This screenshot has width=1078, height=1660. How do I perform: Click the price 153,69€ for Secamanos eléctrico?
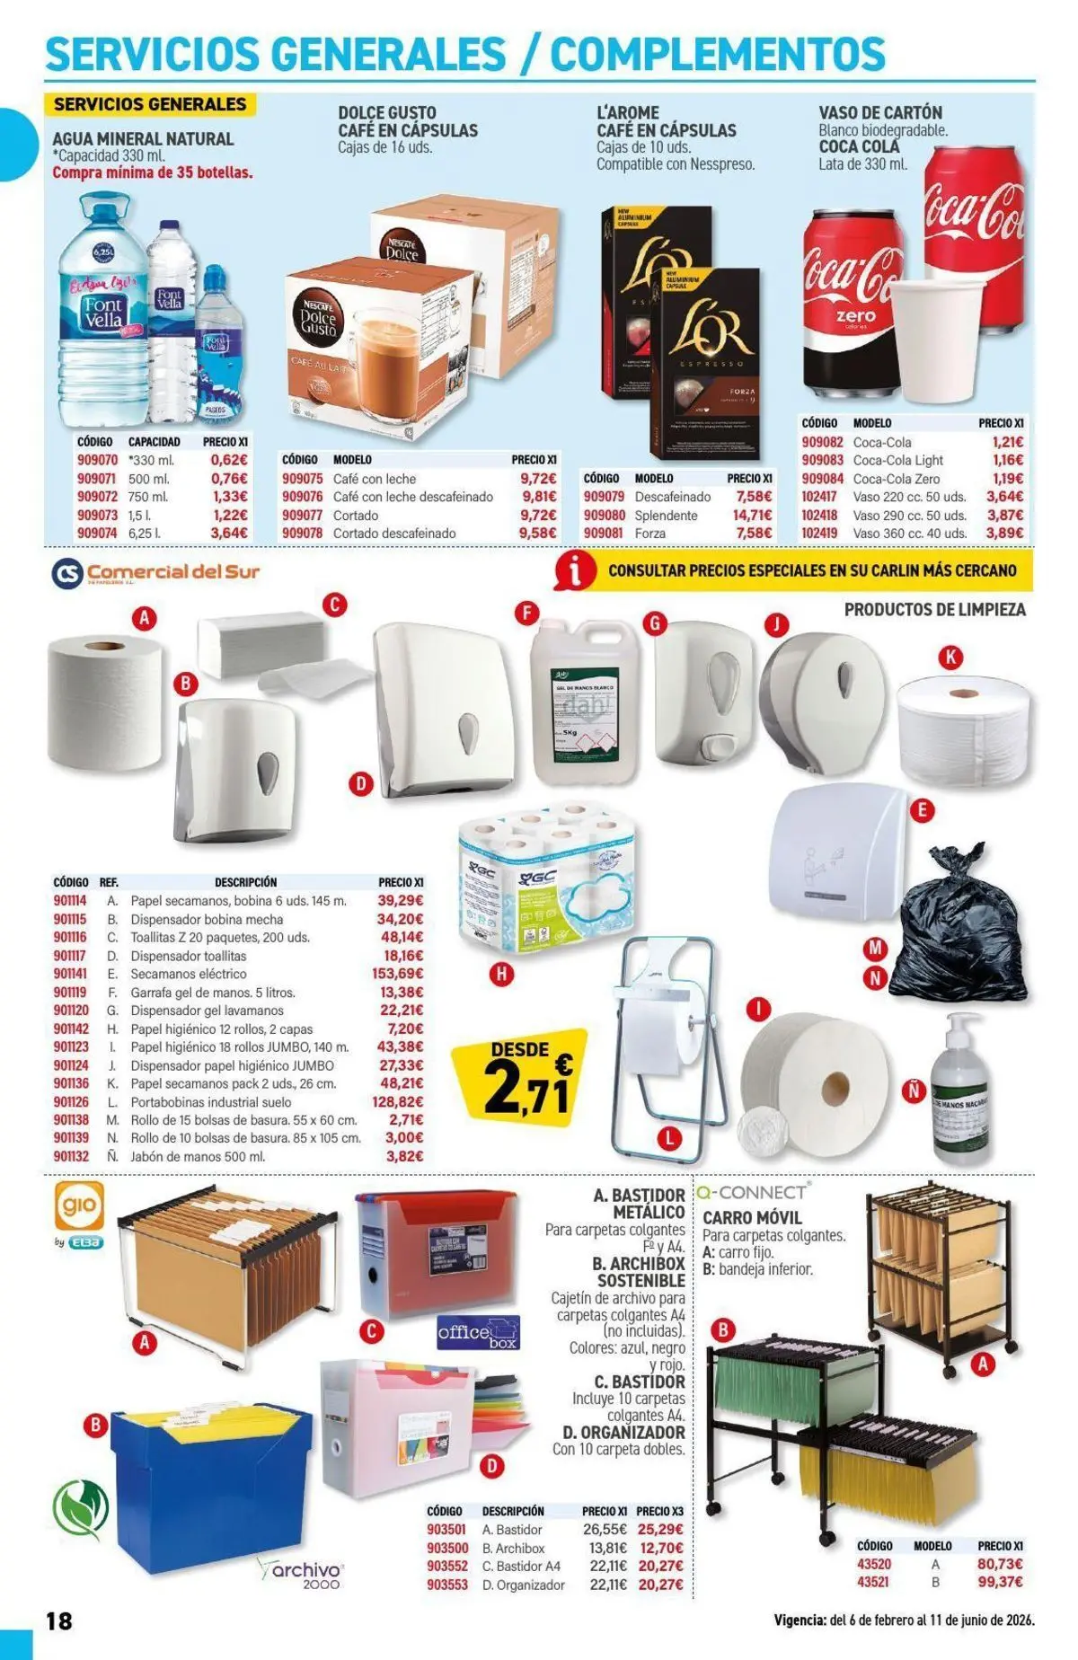point(397,974)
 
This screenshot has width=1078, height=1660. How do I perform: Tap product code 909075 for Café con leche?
point(302,479)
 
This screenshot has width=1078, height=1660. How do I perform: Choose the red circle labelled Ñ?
point(914,1091)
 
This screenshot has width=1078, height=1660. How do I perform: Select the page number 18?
point(59,1621)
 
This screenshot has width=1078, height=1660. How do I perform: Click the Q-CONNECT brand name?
point(752,1193)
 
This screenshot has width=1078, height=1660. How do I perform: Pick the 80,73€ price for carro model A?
point(1000,1564)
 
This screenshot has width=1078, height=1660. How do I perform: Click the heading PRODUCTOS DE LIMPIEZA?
point(934,610)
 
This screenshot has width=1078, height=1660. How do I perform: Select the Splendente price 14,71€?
point(752,516)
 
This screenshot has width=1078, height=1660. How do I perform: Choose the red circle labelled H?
point(503,973)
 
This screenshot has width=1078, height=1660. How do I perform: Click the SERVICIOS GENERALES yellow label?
point(150,104)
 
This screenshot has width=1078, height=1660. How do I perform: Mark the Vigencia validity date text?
point(904,1621)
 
